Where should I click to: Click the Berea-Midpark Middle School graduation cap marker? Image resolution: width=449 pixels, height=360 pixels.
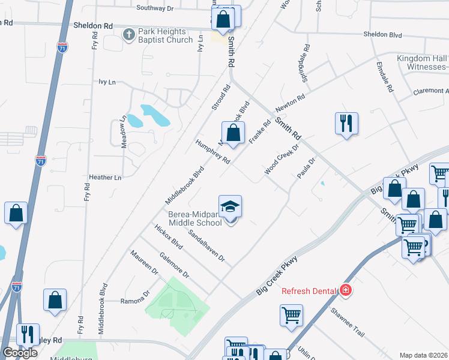230,208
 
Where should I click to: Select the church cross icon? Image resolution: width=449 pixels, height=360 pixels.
128,34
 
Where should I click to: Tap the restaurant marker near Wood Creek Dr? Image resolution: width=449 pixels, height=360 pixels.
346,124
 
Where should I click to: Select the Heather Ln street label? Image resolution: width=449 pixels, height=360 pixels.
105,178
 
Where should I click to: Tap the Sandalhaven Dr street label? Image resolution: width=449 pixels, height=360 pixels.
206,246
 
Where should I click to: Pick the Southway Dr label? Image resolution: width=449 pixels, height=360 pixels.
155,8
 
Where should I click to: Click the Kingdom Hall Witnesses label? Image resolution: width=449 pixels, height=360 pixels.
422,62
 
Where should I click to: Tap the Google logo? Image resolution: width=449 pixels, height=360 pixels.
20,353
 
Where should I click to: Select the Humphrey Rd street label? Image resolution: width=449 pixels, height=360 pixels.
213,152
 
